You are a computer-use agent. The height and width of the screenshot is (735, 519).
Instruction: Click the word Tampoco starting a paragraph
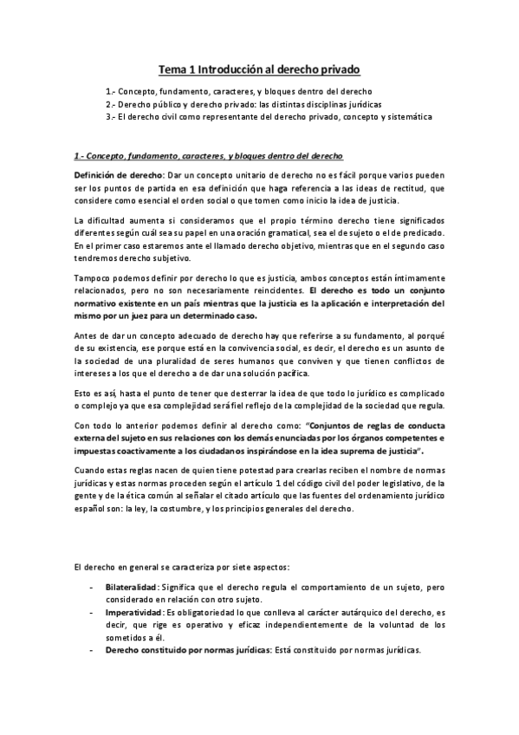92,276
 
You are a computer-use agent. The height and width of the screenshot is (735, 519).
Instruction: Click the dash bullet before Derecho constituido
93,649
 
